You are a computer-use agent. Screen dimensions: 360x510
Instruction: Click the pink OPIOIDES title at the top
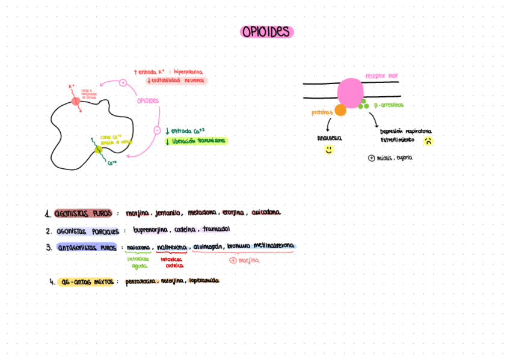[266, 32]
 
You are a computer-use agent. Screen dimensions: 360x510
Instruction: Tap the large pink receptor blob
[350, 93]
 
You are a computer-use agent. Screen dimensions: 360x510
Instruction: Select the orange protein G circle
[340, 110]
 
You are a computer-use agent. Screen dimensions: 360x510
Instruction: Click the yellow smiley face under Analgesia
[329, 150]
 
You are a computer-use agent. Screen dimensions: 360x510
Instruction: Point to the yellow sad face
[428, 142]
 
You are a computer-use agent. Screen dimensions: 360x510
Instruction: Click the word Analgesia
[329, 138]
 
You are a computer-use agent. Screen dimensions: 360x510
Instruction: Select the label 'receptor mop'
[381, 76]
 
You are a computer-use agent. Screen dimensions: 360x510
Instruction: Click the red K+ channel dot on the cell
[76, 101]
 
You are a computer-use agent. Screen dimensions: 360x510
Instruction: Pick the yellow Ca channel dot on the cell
[99, 149]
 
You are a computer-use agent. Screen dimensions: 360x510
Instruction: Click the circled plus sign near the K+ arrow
[123, 82]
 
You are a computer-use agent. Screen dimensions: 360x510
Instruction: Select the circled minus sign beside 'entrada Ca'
[157, 130]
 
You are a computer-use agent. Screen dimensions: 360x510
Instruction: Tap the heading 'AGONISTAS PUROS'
[83, 213]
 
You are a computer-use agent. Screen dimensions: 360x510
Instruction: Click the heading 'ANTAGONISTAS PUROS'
[87, 247]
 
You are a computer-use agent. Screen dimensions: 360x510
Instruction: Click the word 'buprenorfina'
[150, 230]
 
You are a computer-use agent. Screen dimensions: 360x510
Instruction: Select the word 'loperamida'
[204, 281]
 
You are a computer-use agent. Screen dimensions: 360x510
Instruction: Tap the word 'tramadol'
[216, 230]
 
